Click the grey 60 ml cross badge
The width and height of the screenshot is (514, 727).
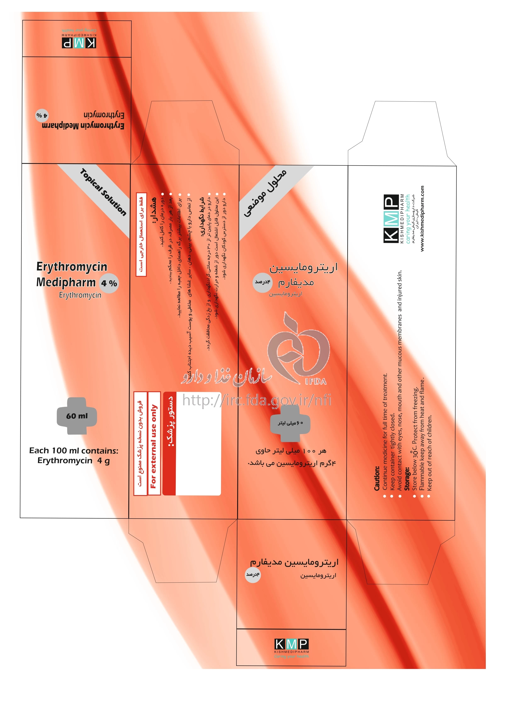[x=77, y=416]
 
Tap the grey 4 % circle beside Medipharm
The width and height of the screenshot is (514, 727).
[x=109, y=283]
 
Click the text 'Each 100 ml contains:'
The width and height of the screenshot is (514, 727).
[x=73, y=451]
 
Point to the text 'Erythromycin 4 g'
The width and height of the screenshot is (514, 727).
[x=73, y=460]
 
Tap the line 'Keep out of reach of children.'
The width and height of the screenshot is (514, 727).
[x=429, y=453]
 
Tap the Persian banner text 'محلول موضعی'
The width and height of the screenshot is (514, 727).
[x=265, y=193]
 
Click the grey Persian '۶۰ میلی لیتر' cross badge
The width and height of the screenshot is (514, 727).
[x=290, y=423]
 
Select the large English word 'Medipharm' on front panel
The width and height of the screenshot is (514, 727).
[x=66, y=282]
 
